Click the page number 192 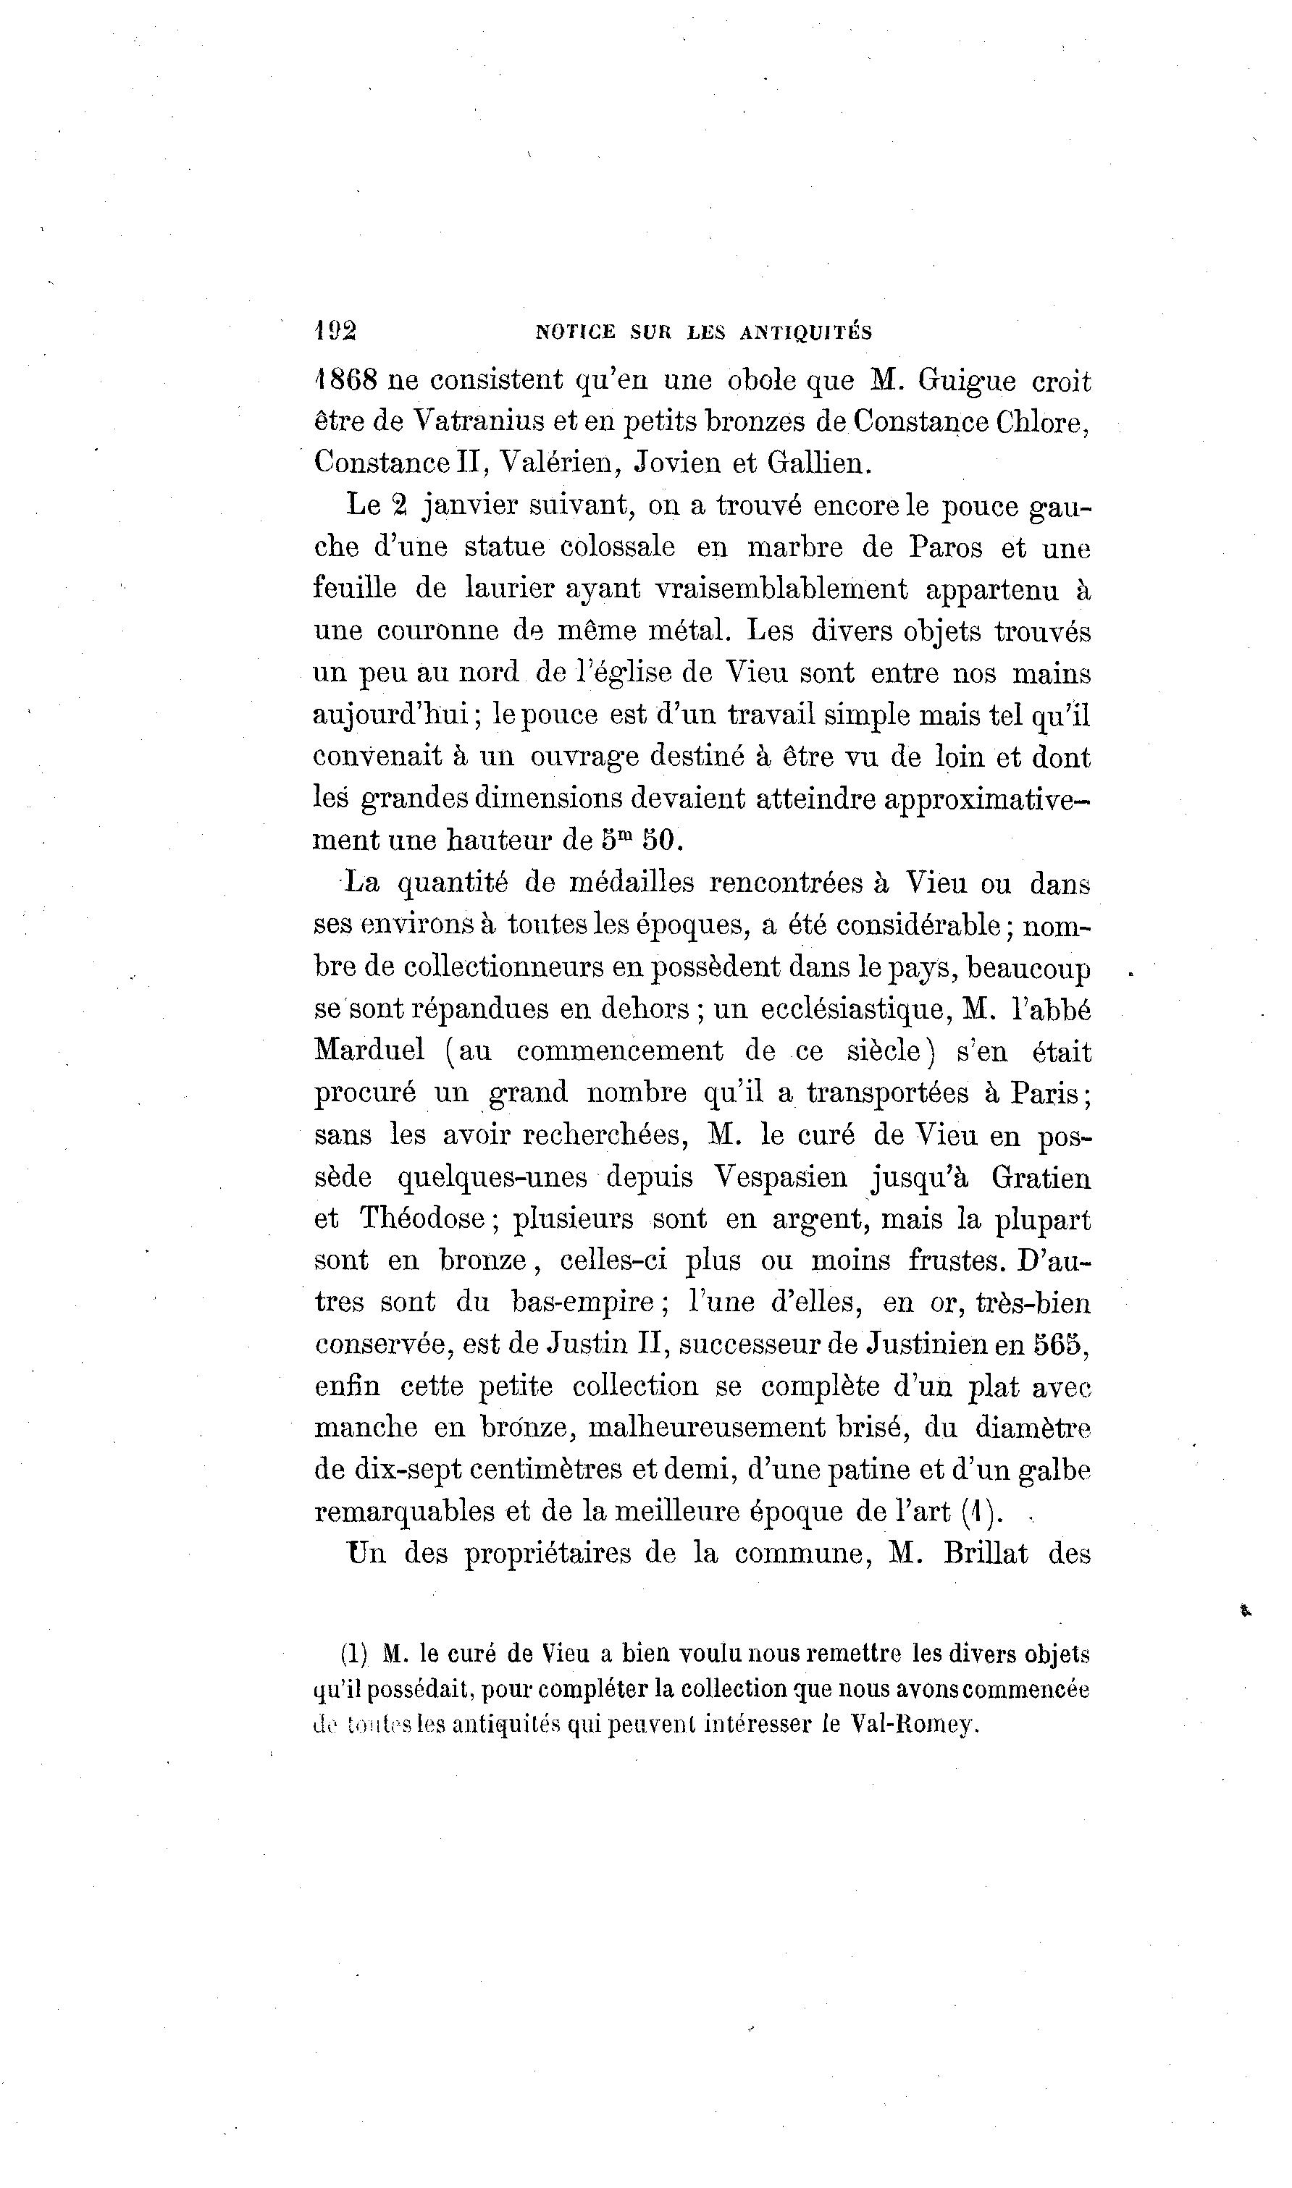pos(335,331)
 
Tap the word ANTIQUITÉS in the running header pos(805,332)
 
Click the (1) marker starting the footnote pos(354,1653)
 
